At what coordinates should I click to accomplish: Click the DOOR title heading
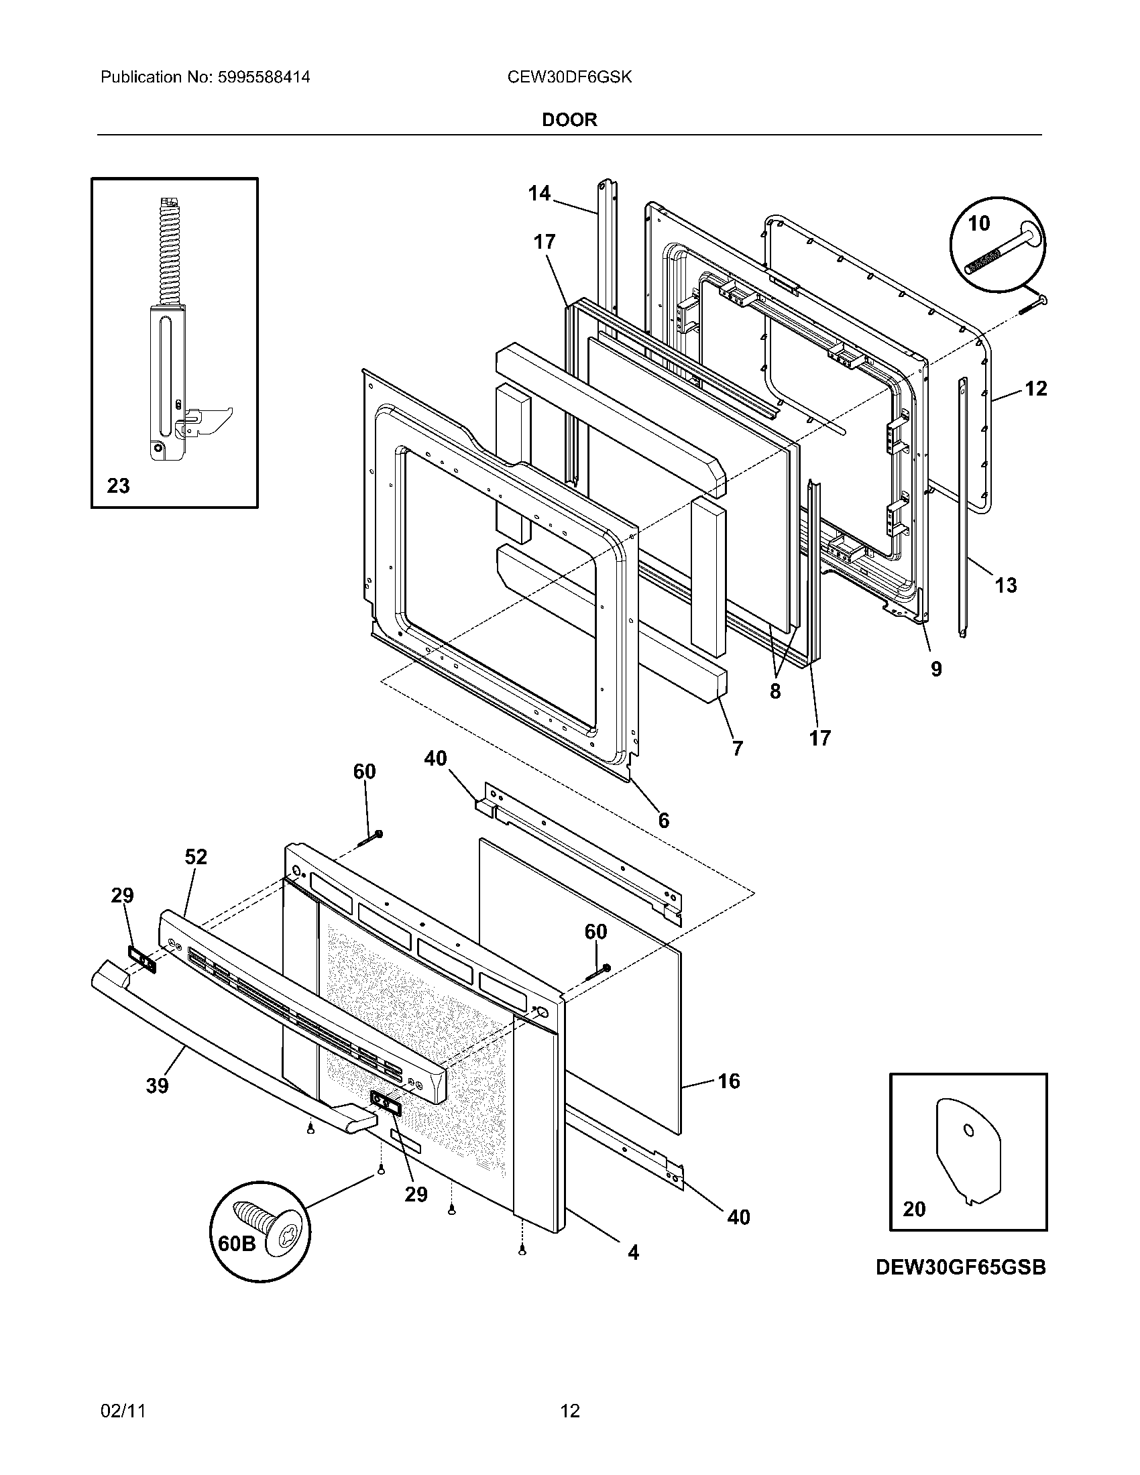coord(569,120)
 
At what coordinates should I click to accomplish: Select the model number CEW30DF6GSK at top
coord(569,77)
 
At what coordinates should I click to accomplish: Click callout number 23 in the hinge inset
coord(118,485)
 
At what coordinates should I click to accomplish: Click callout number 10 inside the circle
coord(978,223)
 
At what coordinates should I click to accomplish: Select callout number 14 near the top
coord(539,194)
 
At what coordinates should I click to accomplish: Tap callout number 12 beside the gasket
coord(1035,388)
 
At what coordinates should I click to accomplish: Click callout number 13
coord(1006,585)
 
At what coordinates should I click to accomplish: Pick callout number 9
coord(936,668)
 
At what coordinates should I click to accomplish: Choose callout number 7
coord(738,748)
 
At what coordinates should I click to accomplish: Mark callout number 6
coord(664,820)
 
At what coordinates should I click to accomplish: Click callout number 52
coord(196,857)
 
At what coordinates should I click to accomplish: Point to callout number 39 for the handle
coord(158,1086)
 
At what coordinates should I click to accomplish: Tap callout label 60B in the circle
coord(237,1243)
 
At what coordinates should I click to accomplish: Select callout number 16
coord(729,1081)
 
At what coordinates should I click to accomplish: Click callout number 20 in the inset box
coord(914,1209)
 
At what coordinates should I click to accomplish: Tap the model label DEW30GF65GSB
coord(960,1268)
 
